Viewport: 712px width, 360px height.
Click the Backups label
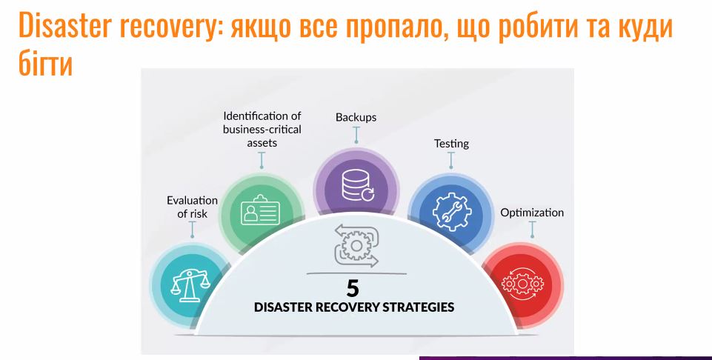click(356, 117)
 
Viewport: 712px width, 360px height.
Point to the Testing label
click(451, 144)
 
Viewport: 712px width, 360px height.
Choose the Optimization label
click(532, 213)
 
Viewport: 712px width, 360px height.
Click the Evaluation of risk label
click(192, 207)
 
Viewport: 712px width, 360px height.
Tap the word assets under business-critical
click(262, 142)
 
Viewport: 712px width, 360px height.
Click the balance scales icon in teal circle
click(190, 285)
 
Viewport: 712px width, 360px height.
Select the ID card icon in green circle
click(260, 210)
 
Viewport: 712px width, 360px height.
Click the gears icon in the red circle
click(522, 284)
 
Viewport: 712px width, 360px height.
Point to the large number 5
click(353, 288)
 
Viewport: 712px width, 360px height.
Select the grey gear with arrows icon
click(356, 246)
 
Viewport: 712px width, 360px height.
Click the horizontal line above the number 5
click(356, 274)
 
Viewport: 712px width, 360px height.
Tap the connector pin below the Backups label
click(356, 135)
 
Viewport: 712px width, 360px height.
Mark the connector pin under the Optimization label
click(532, 230)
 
